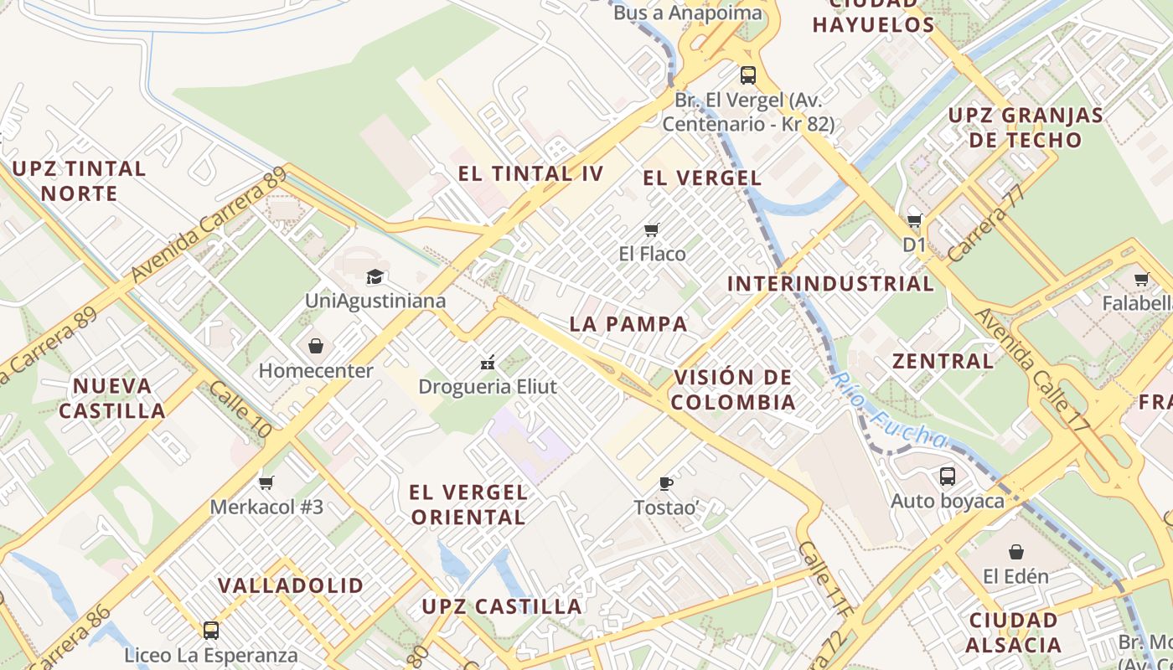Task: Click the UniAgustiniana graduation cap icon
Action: pos(375,276)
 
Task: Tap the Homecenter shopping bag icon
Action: pos(316,346)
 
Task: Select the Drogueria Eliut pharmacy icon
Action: pos(488,363)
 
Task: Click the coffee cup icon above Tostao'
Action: pos(666,483)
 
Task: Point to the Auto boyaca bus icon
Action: pos(948,477)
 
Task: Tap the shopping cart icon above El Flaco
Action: pos(652,229)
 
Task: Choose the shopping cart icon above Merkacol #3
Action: pos(266,482)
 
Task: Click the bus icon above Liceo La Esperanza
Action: pos(211,630)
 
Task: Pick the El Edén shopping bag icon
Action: pos(1016,552)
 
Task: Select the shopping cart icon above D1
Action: pos(915,221)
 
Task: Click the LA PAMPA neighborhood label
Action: pos(628,324)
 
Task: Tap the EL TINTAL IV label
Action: pos(530,174)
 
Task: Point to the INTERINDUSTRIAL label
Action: pos(830,284)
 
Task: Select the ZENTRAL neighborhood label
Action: pos(943,362)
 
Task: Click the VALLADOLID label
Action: pos(291,585)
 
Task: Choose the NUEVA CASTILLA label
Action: pos(112,399)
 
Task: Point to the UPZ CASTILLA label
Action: pos(502,606)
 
